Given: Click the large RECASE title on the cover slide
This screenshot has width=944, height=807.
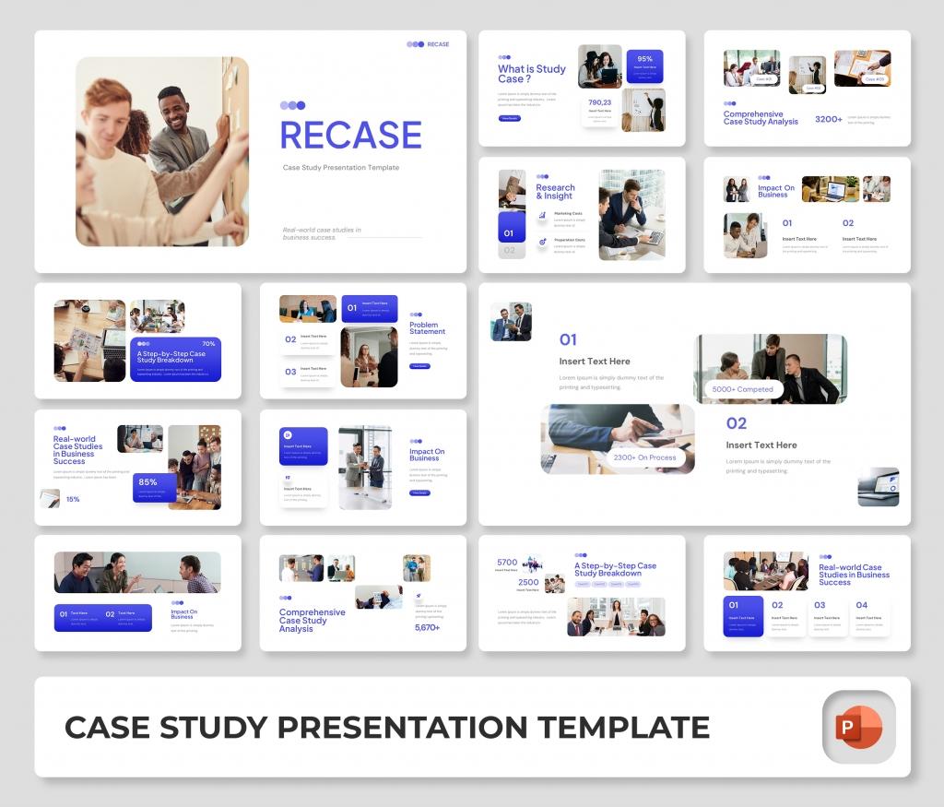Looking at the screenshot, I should [x=350, y=136].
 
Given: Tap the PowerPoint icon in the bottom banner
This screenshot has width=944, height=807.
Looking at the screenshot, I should [x=858, y=728].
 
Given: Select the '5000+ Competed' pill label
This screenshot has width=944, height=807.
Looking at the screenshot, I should [x=743, y=389].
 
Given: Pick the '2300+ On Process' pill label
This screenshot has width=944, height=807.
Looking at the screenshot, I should [x=644, y=457].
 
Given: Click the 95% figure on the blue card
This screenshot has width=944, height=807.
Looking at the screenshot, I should [x=644, y=59].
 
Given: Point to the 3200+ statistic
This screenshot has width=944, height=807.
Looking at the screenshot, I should [x=828, y=120].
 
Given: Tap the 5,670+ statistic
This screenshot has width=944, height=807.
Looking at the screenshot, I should [x=427, y=628].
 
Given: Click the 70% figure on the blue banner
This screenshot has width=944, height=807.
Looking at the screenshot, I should [x=208, y=344].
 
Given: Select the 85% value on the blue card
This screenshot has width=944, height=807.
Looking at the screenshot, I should [x=147, y=481].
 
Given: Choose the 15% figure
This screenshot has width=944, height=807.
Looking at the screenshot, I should [x=73, y=499].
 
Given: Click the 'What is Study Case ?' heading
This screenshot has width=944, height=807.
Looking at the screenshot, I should [x=532, y=74].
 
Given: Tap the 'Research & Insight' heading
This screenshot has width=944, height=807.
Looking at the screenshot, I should [x=555, y=192].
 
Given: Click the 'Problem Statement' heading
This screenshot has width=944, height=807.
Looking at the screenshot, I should [x=427, y=328].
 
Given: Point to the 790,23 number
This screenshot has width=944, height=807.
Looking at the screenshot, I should [x=600, y=102].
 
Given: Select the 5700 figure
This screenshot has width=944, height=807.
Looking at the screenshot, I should [x=507, y=563].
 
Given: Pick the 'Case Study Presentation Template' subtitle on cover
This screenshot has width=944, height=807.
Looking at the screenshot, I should [x=341, y=168].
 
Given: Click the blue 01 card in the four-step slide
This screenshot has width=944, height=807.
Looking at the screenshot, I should [x=743, y=615].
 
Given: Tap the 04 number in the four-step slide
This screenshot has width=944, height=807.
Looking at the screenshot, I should [x=862, y=606].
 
